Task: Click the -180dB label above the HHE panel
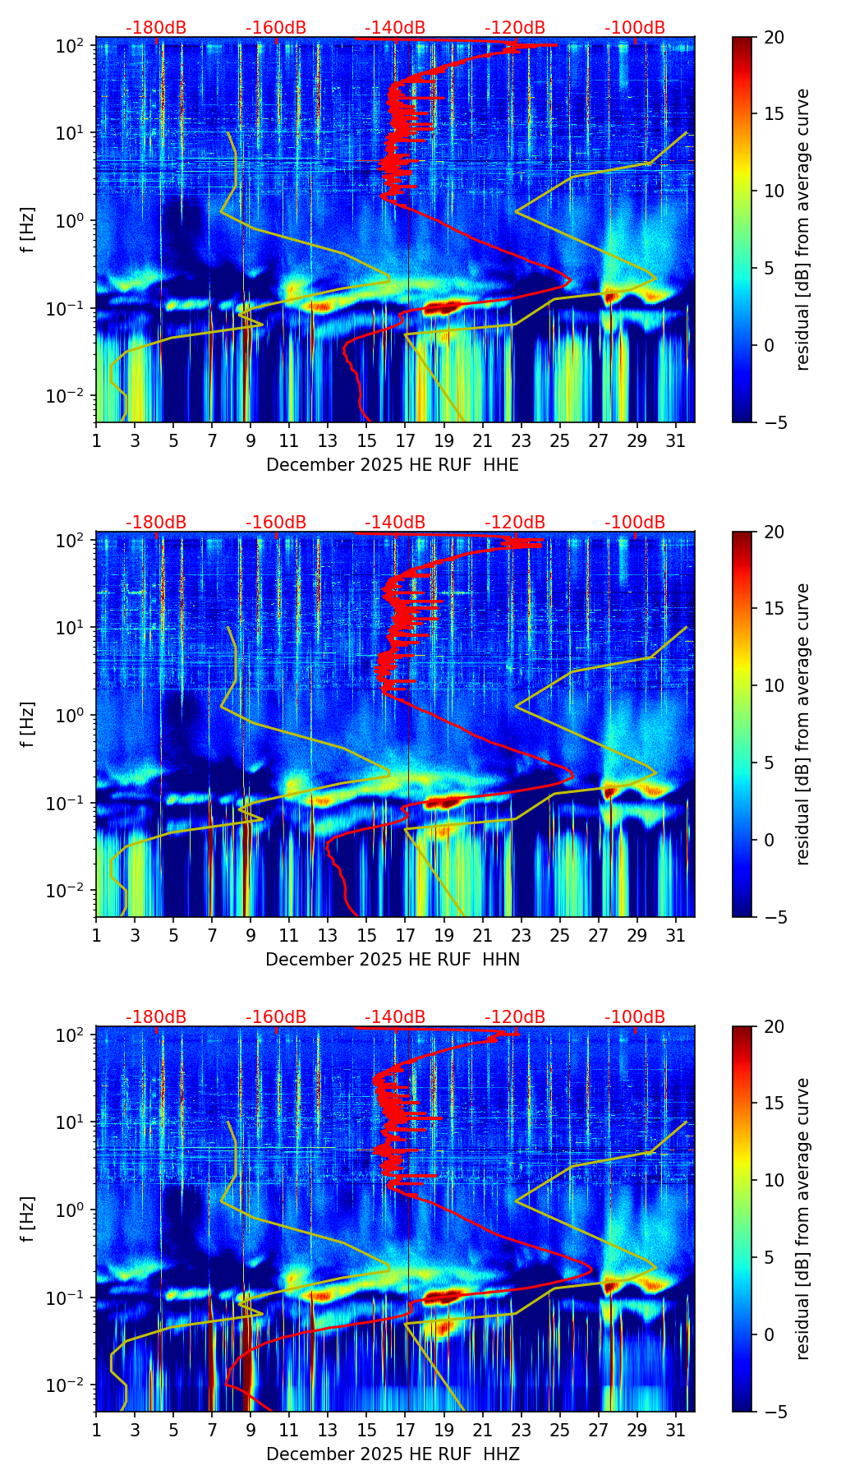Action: [156, 28]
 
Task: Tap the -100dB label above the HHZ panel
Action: [635, 1017]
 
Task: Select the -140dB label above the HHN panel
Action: [395, 523]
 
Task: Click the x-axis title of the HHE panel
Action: [393, 465]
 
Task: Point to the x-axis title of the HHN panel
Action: [393, 960]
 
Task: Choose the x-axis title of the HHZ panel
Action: [393, 1454]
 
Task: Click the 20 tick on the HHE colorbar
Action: [774, 37]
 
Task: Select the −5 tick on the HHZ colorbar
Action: [774, 1412]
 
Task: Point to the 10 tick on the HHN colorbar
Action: [774, 685]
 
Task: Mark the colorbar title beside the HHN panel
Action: [802, 724]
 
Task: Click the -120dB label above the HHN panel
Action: [515, 523]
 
